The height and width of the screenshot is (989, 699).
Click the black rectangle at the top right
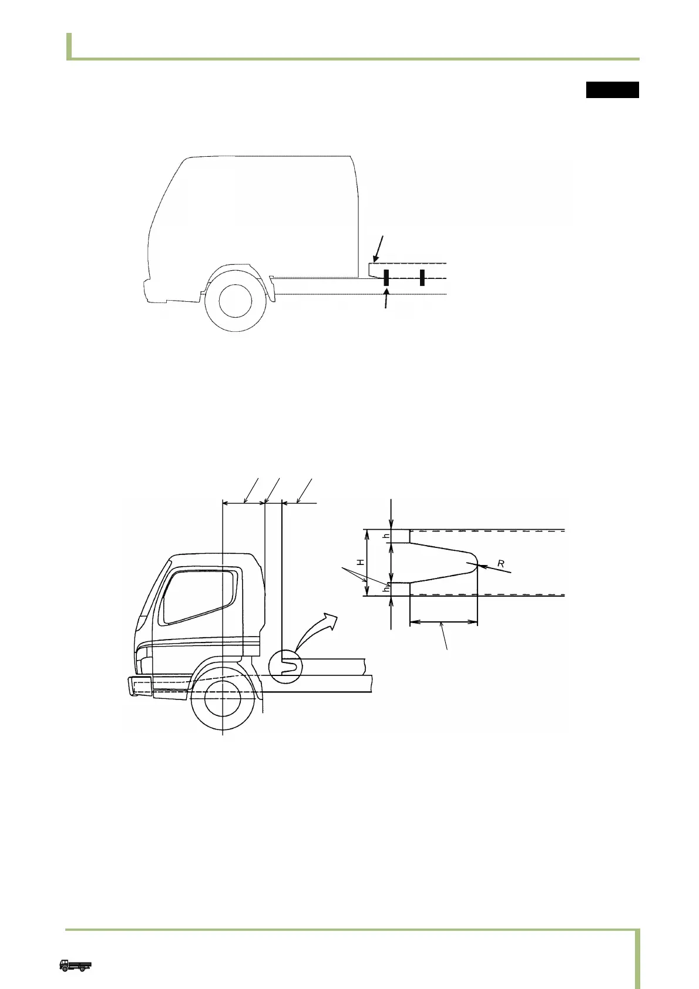pyautogui.click(x=612, y=89)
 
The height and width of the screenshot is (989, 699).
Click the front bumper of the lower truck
pyautogui.click(x=141, y=686)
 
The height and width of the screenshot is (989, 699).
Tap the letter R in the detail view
pyautogui.click(x=500, y=563)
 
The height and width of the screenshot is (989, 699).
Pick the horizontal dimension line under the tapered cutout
pyautogui.click(x=443, y=623)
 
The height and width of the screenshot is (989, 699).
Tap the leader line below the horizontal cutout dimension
pyautogui.click(x=446, y=637)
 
